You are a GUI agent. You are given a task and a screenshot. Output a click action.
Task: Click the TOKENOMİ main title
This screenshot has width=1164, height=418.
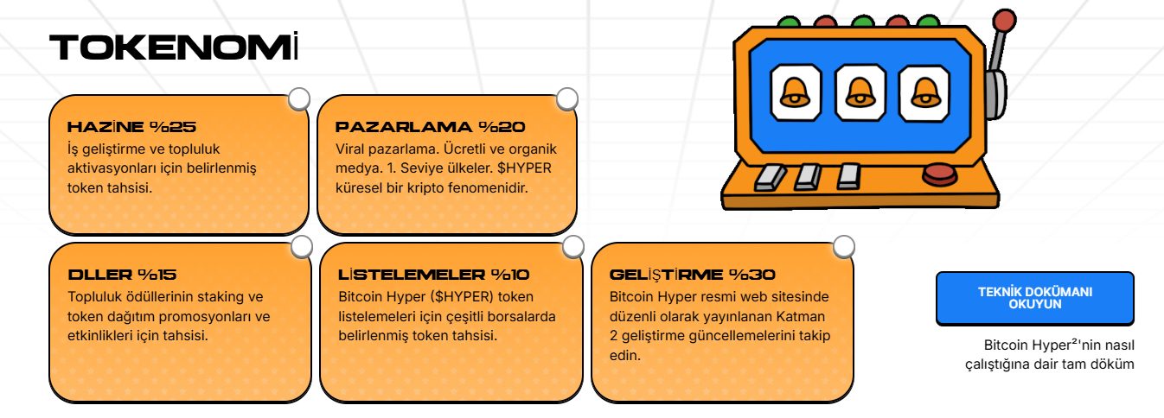click(x=174, y=48)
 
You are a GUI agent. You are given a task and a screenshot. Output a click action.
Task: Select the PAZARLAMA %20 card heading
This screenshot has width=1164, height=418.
click(x=430, y=127)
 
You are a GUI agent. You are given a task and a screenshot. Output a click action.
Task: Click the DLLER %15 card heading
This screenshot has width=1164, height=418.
click(x=122, y=275)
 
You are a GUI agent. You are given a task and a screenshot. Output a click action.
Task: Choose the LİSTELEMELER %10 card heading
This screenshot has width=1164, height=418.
click(x=433, y=275)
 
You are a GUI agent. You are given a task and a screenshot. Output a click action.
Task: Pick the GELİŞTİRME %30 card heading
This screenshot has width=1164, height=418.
click(x=692, y=275)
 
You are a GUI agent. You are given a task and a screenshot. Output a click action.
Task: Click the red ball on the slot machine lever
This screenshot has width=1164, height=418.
click(x=1004, y=20)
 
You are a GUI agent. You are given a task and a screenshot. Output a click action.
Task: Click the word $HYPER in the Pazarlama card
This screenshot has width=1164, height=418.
click(x=526, y=168)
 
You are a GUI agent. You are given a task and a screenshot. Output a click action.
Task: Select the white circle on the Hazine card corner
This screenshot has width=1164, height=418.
click(x=299, y=99)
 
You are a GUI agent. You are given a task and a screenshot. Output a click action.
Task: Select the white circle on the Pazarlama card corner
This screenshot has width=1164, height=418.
click(x=567, y=99)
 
